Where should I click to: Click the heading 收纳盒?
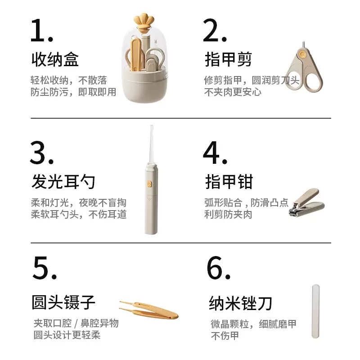[x=55, y=59]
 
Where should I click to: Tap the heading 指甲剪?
[x=228, y=59]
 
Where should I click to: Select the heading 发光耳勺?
[x=63, y=182]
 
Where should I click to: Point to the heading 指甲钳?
[x=229, y=182]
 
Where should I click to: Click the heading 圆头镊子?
[x=63, y=302]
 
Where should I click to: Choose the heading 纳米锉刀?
[x=240, y=303]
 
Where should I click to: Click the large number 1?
[x=41, y=30]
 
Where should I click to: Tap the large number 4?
[x=215, y=153]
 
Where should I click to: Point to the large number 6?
[x=218, y=268]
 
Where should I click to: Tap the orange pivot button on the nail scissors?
[x=302, y=54]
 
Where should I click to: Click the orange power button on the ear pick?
[x=149, y=184]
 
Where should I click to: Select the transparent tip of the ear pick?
[x=152, y=144]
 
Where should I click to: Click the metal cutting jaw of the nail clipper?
[x=294, y=210]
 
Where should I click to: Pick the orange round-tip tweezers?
[x=149, y=310]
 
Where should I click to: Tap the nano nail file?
[x=316, y=311]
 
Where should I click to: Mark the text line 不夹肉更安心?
[x=233, y=92]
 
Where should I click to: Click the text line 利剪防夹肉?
[x=228, y=215]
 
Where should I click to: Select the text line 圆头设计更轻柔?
[x=67, y=335]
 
